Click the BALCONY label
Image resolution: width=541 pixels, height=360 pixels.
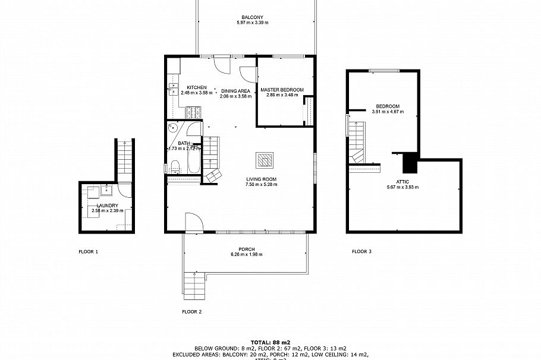[252, 17]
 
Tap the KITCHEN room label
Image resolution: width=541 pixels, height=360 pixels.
[196, 87]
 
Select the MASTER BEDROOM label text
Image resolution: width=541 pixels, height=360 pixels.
[282, 90]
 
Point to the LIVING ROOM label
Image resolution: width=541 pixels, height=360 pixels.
[262, 179]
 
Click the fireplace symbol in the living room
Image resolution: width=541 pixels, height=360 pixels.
[265, 160]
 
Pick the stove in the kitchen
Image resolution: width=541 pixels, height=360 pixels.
[193, 110]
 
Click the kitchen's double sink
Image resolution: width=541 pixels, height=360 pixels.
[173, 89]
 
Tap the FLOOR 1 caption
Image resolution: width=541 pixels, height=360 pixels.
[89, 252]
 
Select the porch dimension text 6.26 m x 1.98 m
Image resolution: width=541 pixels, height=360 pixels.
[246, 254]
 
